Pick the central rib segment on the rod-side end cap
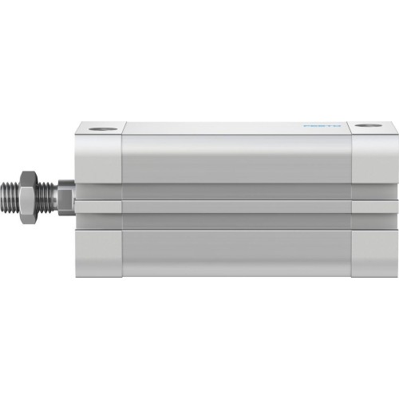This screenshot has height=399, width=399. pos(98,207)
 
